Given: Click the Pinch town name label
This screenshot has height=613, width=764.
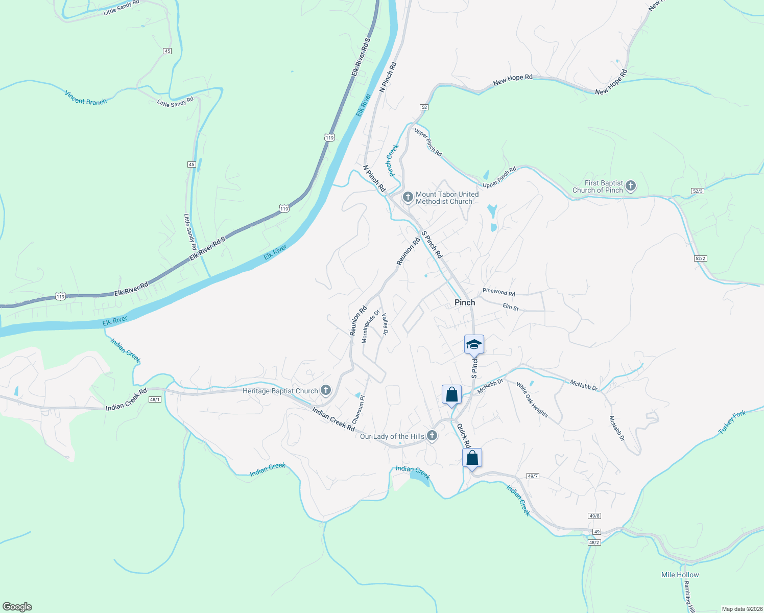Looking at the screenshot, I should [x=465, y=302].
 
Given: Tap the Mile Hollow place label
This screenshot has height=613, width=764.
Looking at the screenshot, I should [x=680, y=575].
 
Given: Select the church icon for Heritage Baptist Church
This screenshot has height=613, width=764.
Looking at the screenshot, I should [x=326, y=391].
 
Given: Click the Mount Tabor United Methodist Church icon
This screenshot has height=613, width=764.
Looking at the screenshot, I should [x=408, y=197].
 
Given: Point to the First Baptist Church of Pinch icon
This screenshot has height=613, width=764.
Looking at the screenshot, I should [x=631, y=186].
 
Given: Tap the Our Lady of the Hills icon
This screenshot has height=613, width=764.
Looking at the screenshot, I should [x=432, y=436].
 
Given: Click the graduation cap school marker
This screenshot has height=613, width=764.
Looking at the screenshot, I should [x=474, y=344].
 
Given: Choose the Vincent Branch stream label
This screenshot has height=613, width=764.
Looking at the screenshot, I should [x=86, y=98].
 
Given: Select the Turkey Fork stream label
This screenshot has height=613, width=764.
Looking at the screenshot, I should [x=732, y=422].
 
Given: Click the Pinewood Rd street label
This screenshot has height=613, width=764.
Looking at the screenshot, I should [x=499, y=292].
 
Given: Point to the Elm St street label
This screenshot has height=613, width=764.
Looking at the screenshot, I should [x=511, y=308].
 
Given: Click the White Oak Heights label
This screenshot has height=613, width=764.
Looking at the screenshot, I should [x=532, y=400].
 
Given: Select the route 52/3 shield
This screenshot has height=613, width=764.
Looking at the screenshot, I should [x=698, y=191].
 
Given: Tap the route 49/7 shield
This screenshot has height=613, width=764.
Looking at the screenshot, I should [x=533, y=476].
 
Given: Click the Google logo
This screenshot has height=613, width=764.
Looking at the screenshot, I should [x=17, y=607].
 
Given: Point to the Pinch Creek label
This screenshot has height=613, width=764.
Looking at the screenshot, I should [x=392, y=160].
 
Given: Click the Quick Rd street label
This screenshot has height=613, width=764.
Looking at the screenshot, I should [x=463, y=435].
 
